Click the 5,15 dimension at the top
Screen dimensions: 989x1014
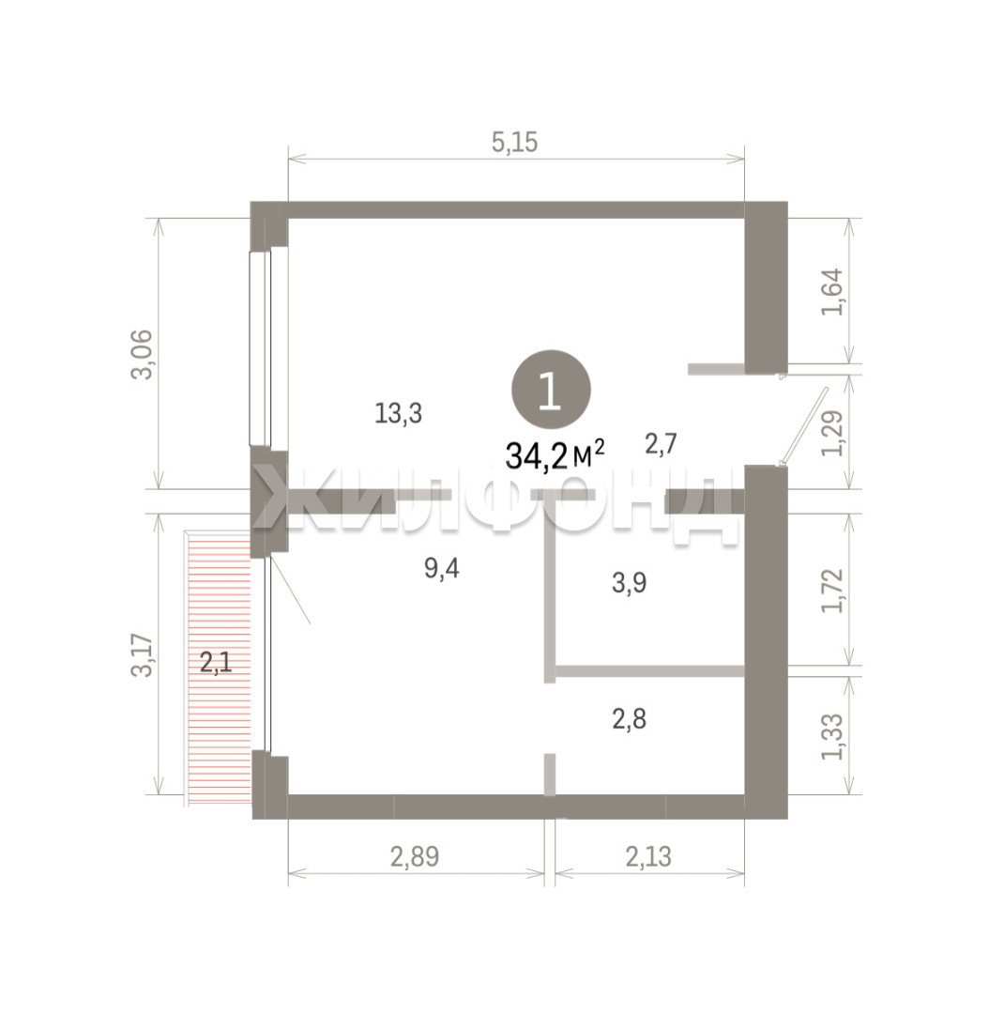514,143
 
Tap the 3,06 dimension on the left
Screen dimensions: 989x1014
143,354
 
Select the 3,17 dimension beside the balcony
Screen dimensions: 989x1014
143,655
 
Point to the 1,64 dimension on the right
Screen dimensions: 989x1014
832,292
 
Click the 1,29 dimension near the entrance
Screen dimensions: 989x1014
832,433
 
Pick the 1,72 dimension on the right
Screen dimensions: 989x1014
832,590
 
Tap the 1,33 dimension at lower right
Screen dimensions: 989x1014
832,737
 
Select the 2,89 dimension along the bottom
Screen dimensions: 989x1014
415,857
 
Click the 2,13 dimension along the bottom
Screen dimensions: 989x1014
648,857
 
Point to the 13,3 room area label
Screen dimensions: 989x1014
398,413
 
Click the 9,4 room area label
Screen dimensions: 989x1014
442,568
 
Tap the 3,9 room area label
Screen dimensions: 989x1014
629,583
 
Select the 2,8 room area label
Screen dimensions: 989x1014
629,719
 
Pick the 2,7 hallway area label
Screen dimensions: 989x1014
661,444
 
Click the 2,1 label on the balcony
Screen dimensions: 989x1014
216,663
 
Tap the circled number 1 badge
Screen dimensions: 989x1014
551,390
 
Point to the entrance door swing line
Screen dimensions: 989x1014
804,425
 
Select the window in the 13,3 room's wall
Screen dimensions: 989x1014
260,347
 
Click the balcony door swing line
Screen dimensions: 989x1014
291,591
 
